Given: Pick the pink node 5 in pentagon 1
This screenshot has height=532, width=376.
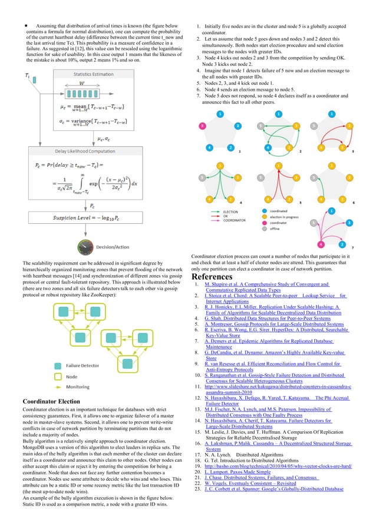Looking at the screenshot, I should point(202,126).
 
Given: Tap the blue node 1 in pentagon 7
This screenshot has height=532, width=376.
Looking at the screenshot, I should point(331,210).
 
